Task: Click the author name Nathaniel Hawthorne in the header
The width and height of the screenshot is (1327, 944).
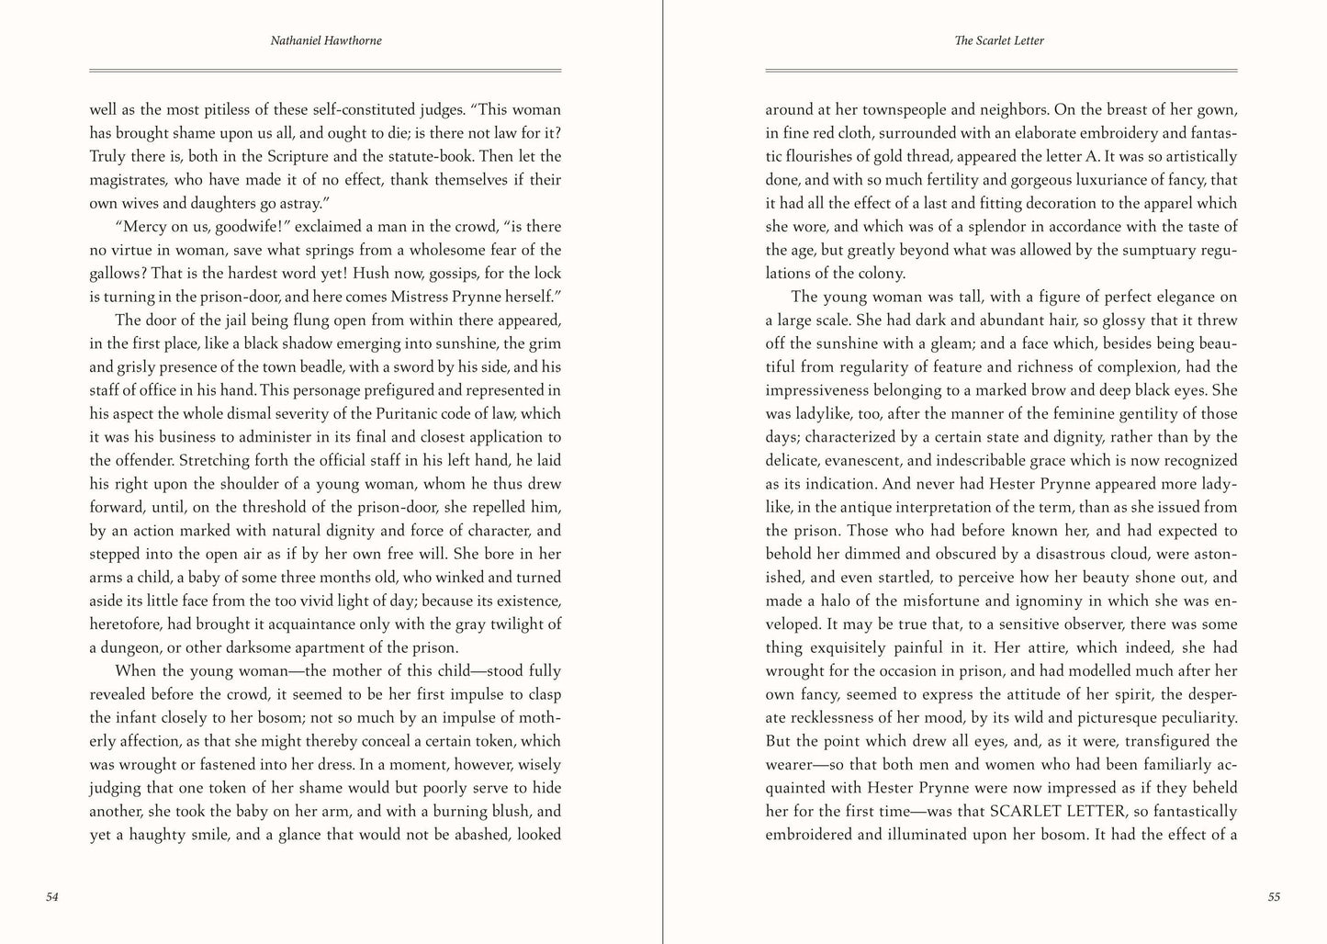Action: tap(325, 40)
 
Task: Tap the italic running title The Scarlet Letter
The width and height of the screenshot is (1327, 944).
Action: tap(1000, 40)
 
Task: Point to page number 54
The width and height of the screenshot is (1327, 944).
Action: tap(51, 897)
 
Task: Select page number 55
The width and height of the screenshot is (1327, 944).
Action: tap(1273, 897)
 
